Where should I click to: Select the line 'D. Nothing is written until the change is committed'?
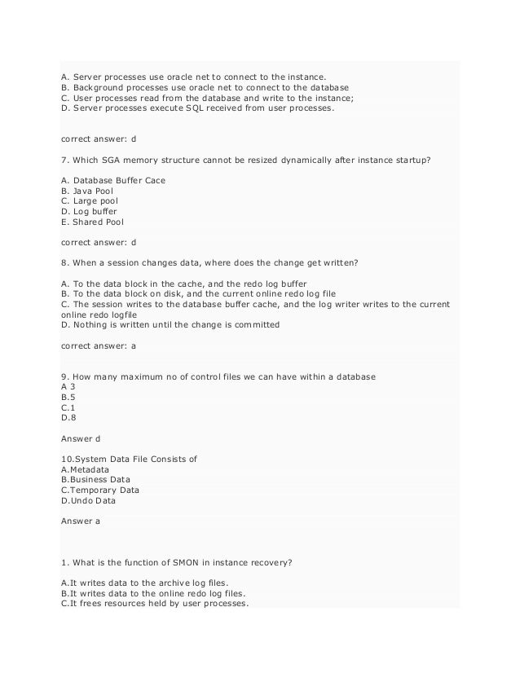pos(170,324)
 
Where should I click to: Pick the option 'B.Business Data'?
pos(95,480)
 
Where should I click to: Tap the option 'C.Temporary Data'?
pos(100,490)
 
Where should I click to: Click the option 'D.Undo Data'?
pos(89,502)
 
